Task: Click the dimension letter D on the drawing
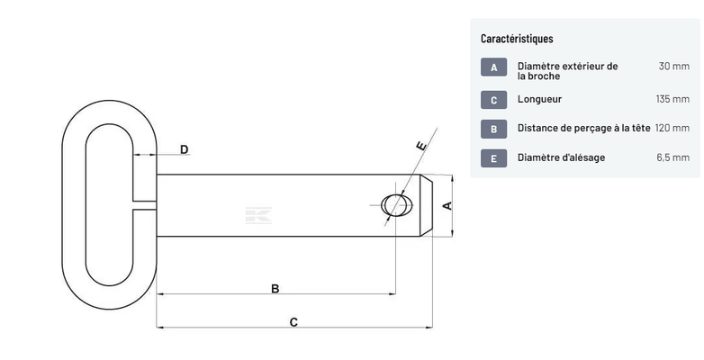pos(184,149)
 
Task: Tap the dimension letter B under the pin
pos(275,289)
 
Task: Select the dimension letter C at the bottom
pos(293,321)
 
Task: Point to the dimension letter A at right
pos(447,206)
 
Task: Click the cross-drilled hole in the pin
pos(394,205)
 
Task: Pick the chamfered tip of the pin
pos(430,205)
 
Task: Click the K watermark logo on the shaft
pos(258,215)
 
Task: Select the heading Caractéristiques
pos(517,39)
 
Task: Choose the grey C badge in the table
pos(494,99)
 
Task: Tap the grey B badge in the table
pos(494,129)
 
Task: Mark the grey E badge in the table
pos(494,158)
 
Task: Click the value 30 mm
pos(673,67)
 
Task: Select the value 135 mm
pos(672,99)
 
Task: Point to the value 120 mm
pos(672,129)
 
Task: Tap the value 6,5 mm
pos(672,158)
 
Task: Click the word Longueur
pos(539,99)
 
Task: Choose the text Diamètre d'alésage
pos(561,158)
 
